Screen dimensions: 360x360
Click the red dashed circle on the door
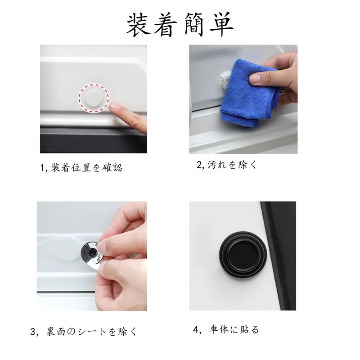tap(94, 99)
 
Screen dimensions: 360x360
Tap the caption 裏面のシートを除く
tap(90, 332)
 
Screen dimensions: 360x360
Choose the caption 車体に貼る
tap(234, 330)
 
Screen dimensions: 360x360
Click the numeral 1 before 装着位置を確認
tap(44, 168)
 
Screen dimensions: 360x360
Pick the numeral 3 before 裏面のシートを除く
tap(33, 332)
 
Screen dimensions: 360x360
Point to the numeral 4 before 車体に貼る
tap(196, 330)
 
